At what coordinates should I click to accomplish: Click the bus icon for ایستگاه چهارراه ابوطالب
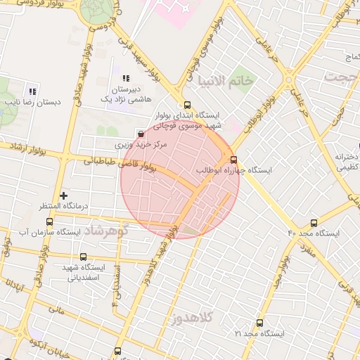pos(234,160)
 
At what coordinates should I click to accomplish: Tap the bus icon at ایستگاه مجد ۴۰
pos(313,222)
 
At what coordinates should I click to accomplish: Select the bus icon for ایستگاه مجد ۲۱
pos(260,323)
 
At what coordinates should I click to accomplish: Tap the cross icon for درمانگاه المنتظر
pos(64,195)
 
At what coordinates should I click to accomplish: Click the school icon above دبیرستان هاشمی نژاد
pos(127,78)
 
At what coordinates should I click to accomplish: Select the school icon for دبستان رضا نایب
pos(32,91)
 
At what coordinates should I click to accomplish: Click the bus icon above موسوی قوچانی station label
pos(186,103)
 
